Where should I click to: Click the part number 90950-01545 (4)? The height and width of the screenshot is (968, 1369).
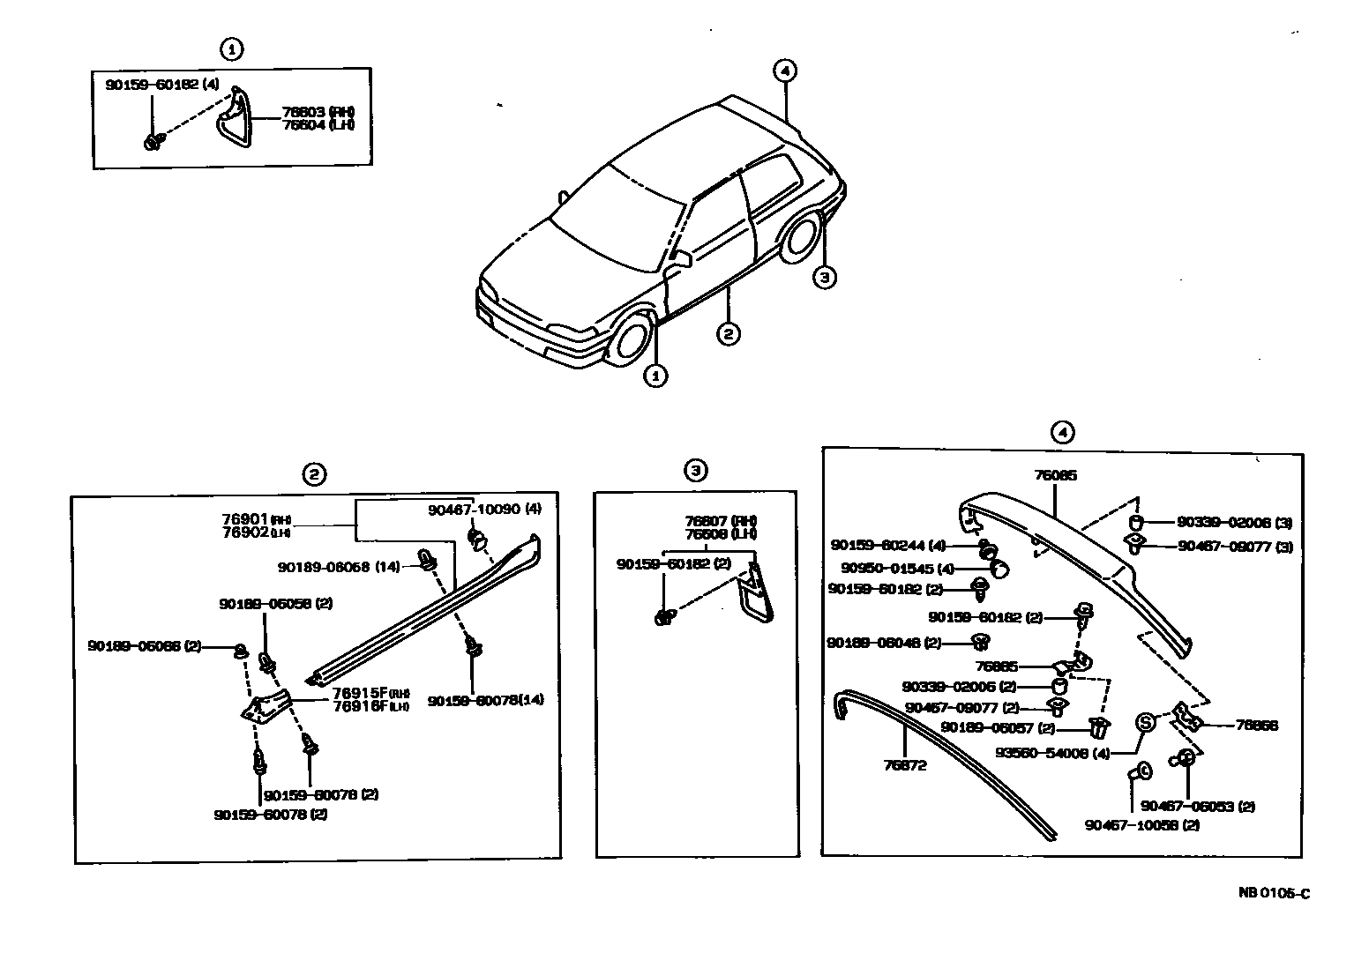pyautogui.click(x=892, y=569)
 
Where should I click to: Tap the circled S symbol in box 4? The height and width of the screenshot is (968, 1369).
pyautogui.click(x=1144, y=722)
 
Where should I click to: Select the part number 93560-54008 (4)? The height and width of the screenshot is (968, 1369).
pyautogui.click(x=1051, y=753)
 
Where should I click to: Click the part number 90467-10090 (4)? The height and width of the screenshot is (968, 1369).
pyautogui.click(x=485, y=510)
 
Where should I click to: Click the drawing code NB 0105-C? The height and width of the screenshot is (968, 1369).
pyautogui.click(x=1274, y=893)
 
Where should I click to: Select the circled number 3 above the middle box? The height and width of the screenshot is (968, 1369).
pyautogui.click(x=695, y=471)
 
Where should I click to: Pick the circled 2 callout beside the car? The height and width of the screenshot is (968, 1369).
pyautogui.click(x=728, y=333)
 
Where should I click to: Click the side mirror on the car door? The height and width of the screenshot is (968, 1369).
pyautogui.click(x=680, y=259)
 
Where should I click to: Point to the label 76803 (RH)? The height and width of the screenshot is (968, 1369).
pyautogui.click(x=318, y=112)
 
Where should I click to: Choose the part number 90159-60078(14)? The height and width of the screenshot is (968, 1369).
pyautogui.click(x=485, y=699)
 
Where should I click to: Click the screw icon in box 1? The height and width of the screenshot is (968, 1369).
pyautogui.click(x=153, y=140)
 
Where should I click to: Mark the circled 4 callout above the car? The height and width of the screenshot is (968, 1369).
pyautogui.click(x=784, y=71)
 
